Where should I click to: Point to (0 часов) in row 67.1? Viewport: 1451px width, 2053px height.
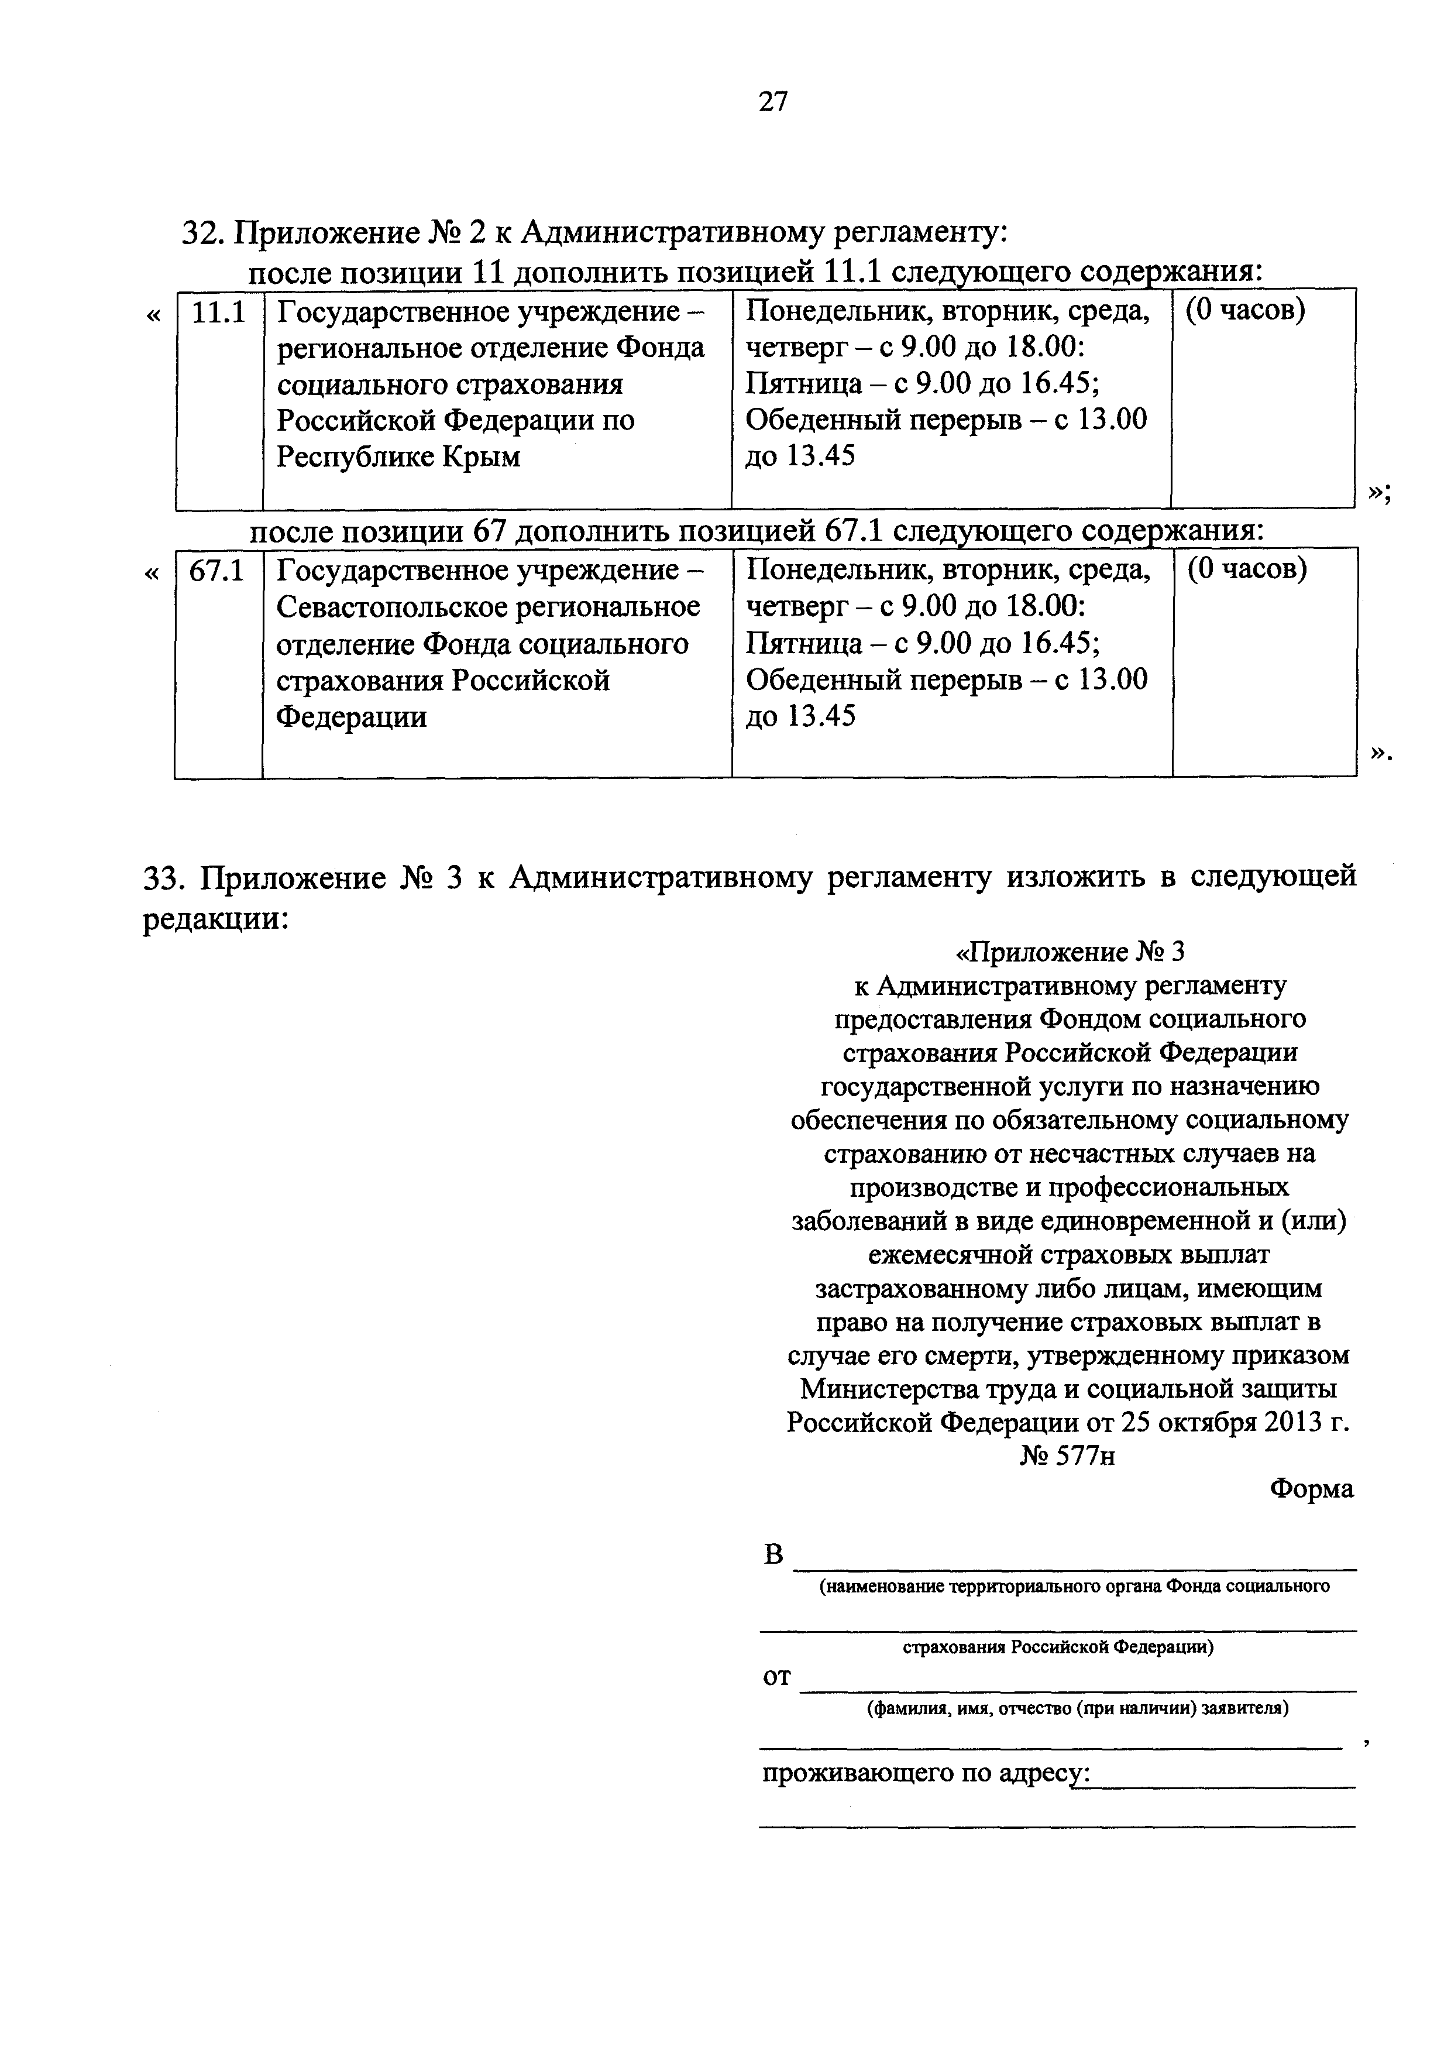tap(1246, 569)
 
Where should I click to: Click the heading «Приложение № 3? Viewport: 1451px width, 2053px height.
tap(1070, 952)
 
